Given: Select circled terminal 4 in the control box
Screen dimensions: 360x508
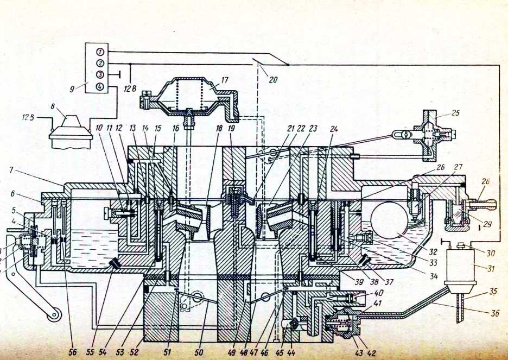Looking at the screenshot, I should (x=100, y=86).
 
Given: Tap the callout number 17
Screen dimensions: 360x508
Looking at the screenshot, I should (x=225, y=79).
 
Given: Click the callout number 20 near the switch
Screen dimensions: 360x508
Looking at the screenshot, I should (x=273, y=79).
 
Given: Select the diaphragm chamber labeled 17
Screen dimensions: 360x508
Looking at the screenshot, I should (x=191, y=96).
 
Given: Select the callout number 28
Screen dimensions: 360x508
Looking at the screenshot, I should (x=484, y=181).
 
